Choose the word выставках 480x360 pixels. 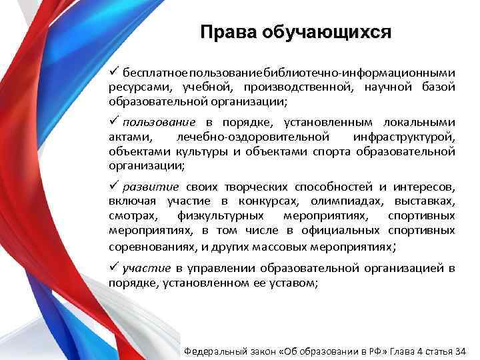(423, 201)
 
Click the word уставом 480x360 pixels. (297, 283)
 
